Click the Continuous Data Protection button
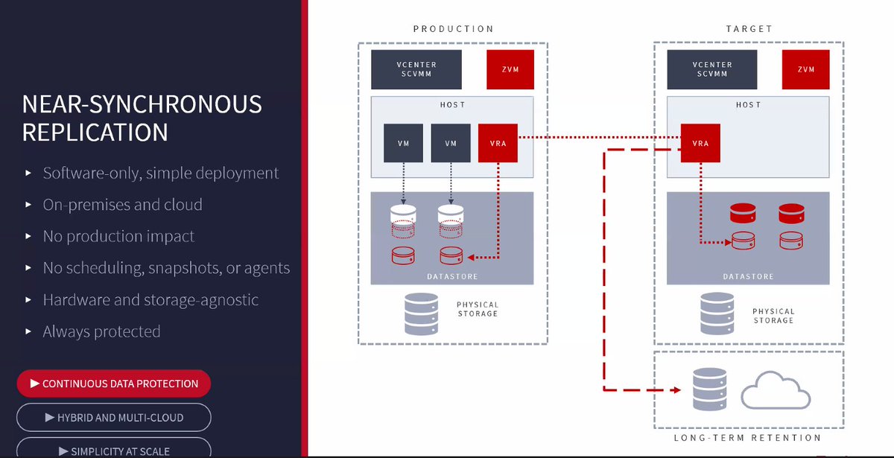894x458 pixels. point(113,384)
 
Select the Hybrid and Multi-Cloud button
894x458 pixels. point(113,418)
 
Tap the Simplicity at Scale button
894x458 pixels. point(113,450)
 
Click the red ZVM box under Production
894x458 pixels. point(510,70)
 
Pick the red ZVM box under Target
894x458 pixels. point(805,70)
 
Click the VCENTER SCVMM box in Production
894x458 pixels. point(416,70)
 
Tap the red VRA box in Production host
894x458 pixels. point(498,143)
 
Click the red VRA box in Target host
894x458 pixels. point(700,143)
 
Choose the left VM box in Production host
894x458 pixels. point(404,143)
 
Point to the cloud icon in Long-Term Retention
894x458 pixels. point(776,390)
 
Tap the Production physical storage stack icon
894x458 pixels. point(421,314)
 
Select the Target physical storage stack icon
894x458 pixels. point(717,314)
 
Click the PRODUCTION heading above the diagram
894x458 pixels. point(453,29)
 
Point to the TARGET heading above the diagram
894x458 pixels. point(749,29)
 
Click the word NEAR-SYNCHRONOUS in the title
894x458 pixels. point(142,104)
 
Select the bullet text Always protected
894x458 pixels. point(101,331)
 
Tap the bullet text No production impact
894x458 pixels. point(118,236)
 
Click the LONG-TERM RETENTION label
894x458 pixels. point(747,438)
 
